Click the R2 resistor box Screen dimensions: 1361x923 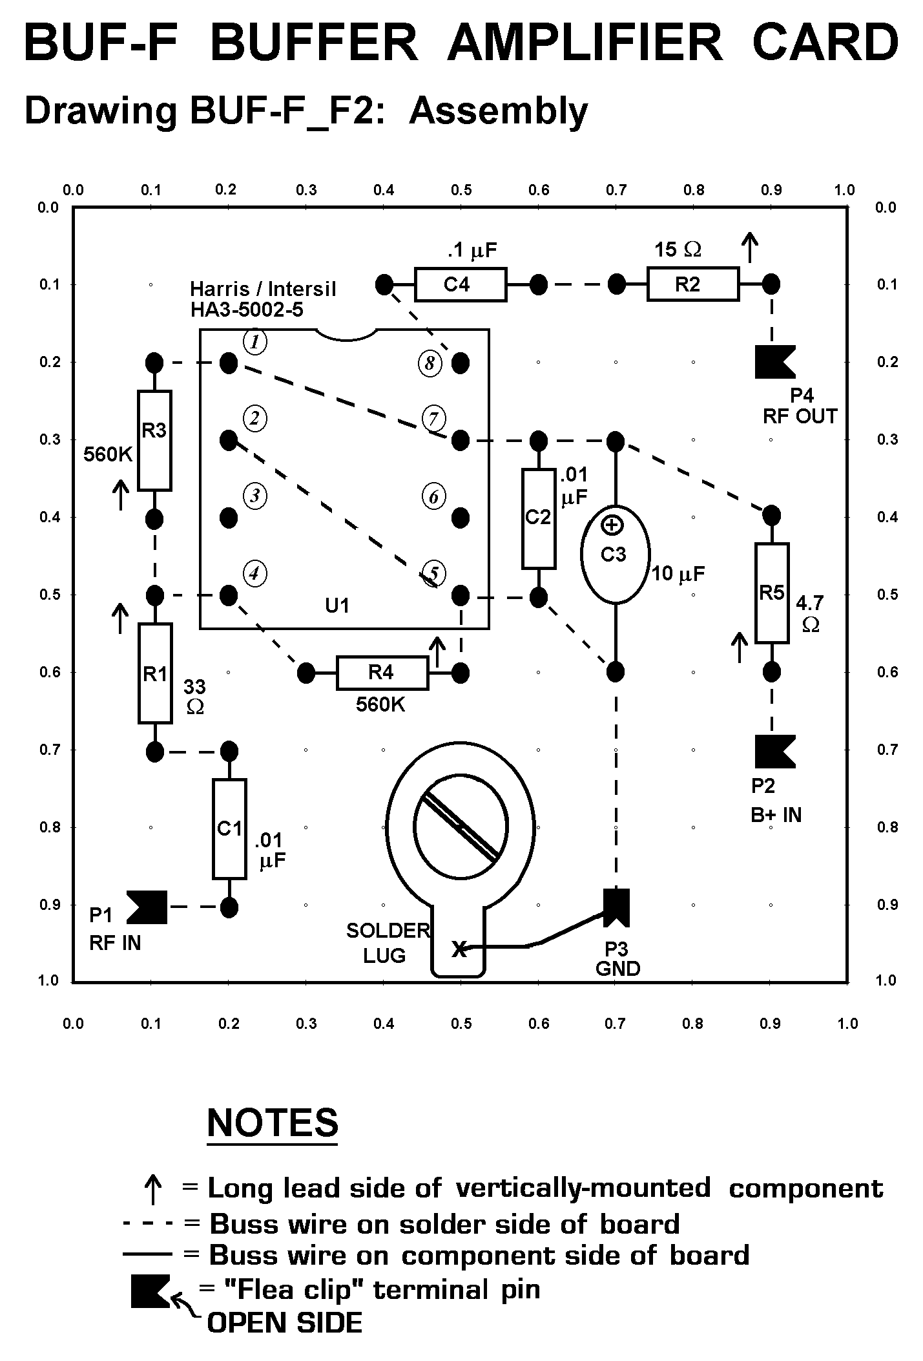point(692,284)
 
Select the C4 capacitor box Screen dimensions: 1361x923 point(460,284)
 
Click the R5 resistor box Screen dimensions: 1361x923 point(772,593)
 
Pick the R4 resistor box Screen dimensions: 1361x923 point(382,673)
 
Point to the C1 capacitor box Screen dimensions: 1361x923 point(229,828)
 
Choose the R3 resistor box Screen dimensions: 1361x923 point(154,440)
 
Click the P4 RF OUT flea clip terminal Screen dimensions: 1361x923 point(774,362)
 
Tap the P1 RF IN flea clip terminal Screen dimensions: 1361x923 point(148,907)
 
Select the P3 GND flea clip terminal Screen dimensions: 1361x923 point(616,907)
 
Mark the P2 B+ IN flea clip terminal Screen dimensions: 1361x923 point(774,752)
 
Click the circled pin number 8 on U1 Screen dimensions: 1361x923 point(430,363)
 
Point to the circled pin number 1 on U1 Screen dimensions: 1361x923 point(255,342)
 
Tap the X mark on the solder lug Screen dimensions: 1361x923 point(459,949)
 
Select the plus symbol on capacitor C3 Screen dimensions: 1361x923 point(612,525)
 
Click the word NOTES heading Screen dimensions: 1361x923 point(273,1123)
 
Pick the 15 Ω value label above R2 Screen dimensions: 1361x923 point(678,249)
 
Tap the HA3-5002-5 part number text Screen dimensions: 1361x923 point(246,310)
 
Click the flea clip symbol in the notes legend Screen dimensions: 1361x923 point(150,1291)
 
